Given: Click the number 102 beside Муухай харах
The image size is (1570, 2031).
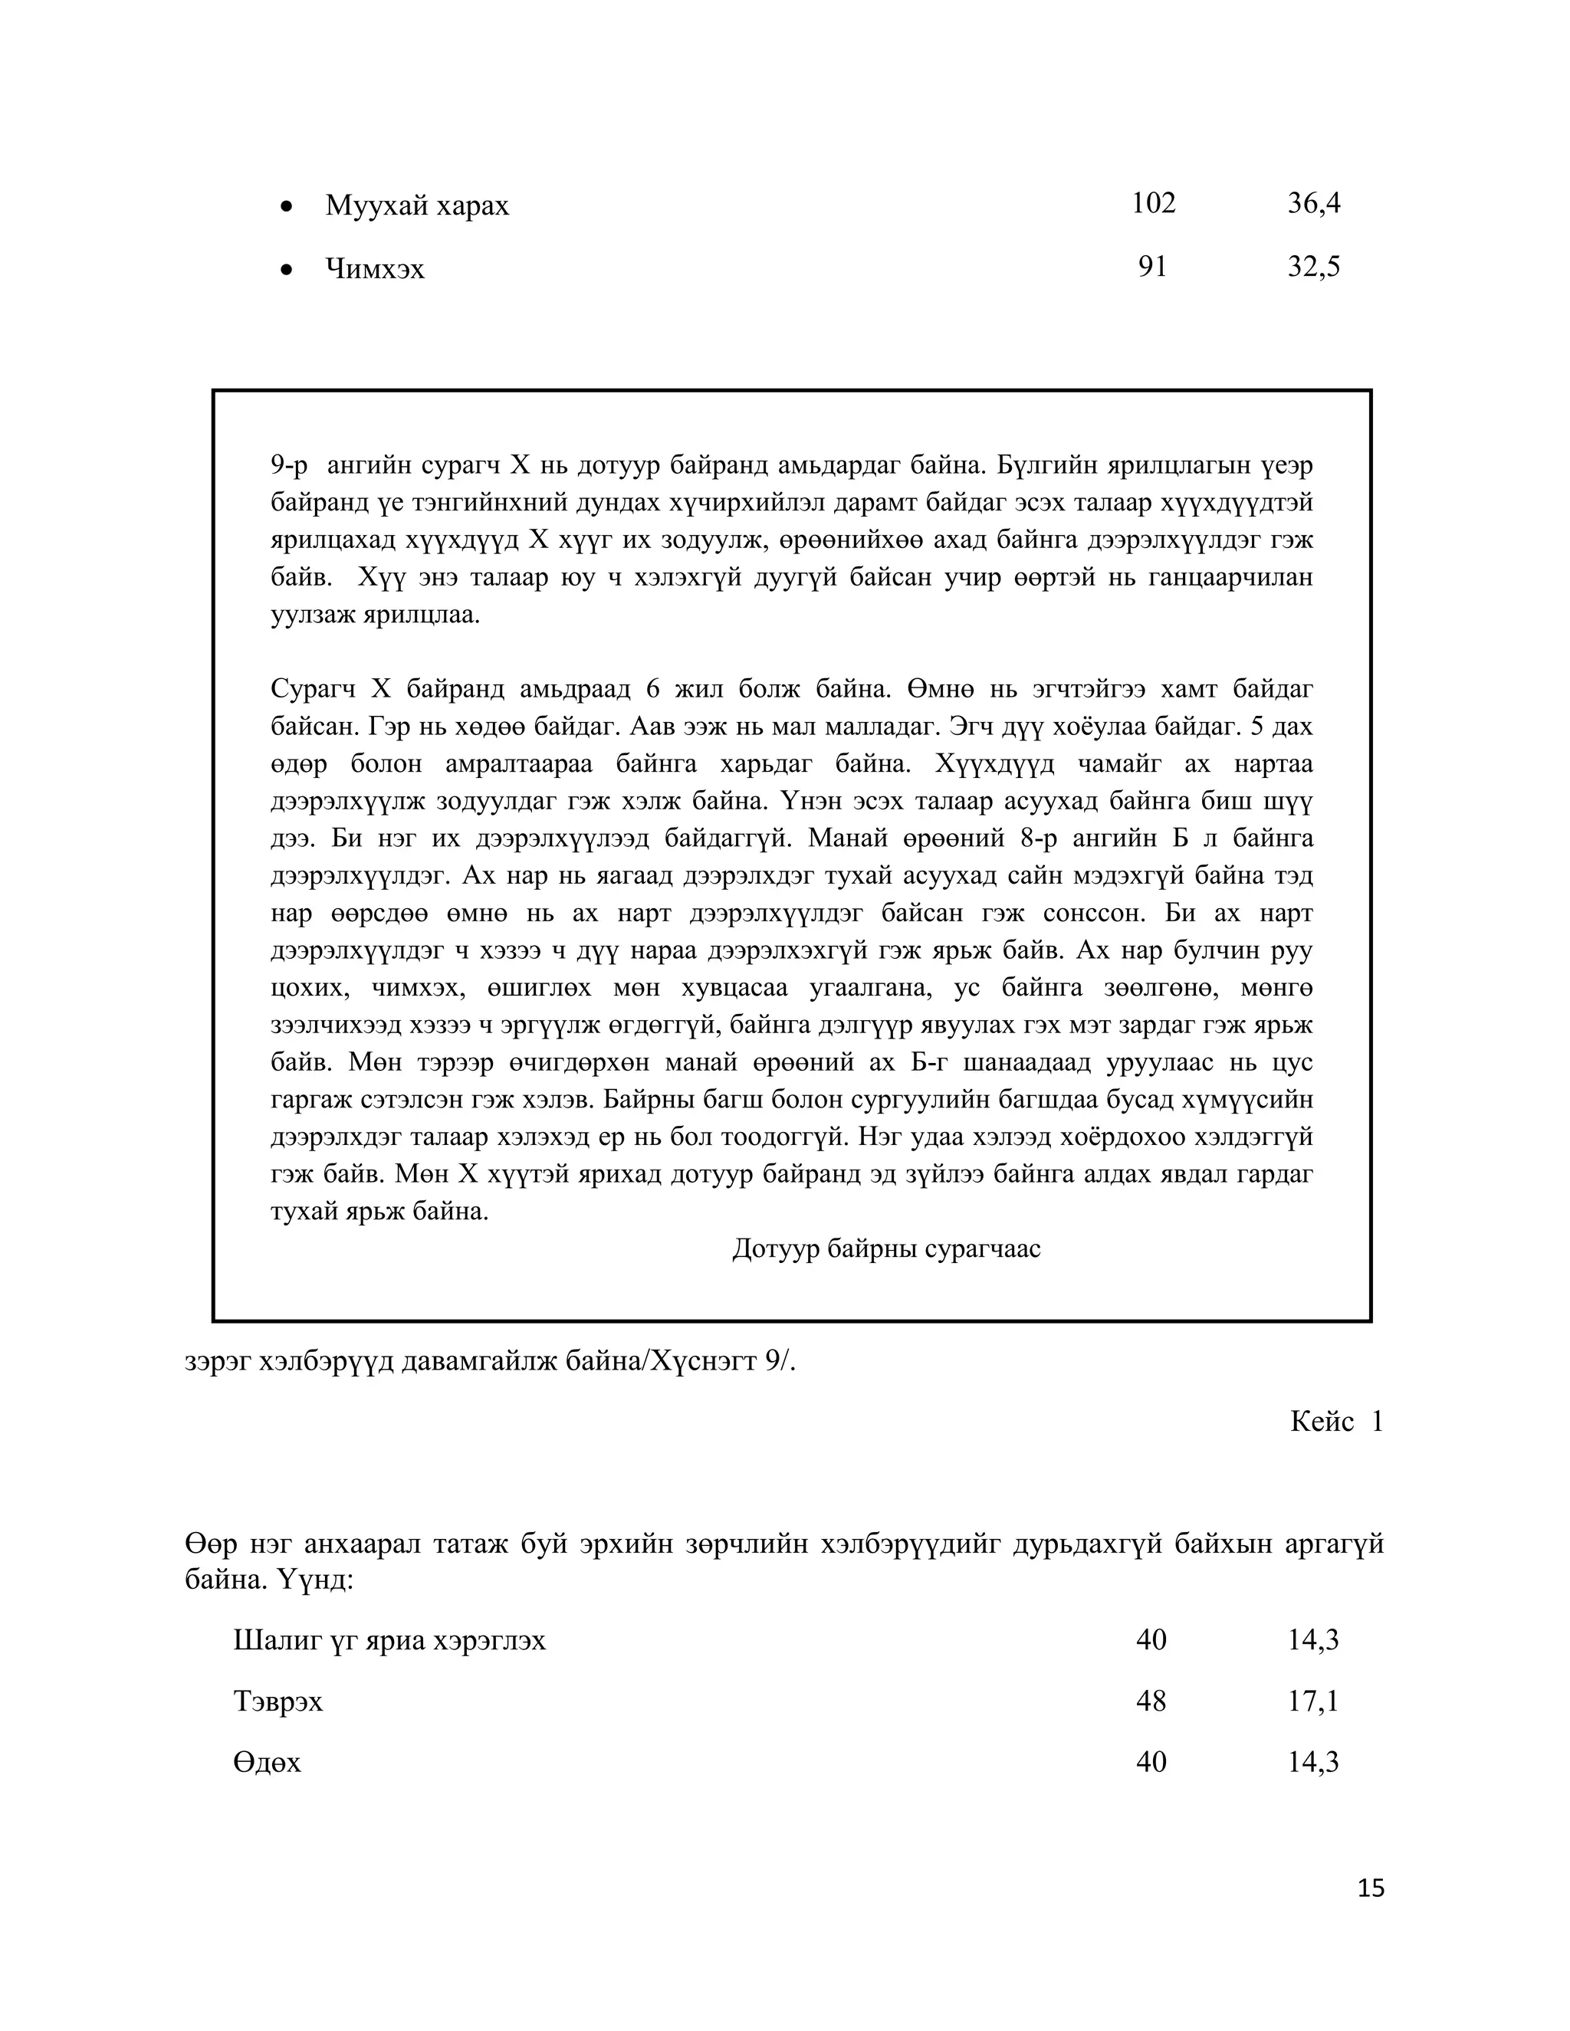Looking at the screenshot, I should coord(1152,204).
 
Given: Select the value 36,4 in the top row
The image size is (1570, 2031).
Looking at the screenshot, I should coord(1313,204).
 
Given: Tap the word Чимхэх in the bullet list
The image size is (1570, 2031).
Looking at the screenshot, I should coord(375,270).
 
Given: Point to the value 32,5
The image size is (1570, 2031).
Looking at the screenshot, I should coord(1313,267).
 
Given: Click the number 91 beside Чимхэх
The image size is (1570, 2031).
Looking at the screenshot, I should coord(1151,267).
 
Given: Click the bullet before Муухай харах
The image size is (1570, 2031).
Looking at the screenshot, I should coord(287,206).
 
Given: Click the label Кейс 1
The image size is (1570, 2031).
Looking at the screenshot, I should coord(1335,1421).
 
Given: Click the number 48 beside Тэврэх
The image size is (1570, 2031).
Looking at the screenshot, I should coord(1151,1701).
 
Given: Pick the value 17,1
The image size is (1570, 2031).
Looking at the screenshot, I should coord(1312,1701).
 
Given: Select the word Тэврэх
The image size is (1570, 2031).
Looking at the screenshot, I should coord(278,1701).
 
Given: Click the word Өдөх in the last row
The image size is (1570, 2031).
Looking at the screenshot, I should coord(267,1762).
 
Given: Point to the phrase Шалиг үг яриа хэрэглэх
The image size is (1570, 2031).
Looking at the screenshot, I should coord(389,1640).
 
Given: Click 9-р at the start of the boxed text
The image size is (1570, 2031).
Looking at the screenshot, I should coord(288,465).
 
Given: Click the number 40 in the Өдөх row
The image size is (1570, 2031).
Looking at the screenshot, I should coord(1151,1761).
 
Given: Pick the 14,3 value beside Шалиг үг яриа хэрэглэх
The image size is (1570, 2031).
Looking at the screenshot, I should coord(1312,1639).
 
